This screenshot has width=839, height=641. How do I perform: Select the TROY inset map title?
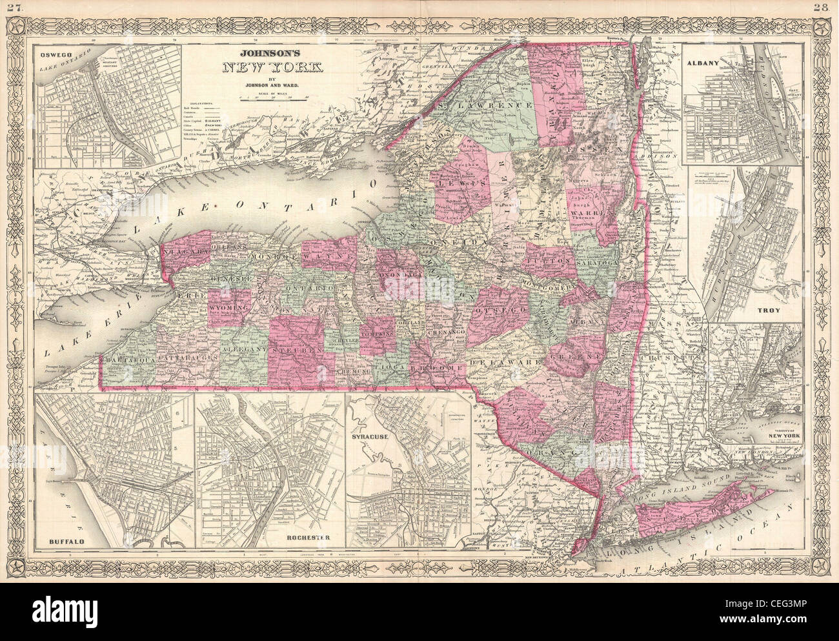point(772,310)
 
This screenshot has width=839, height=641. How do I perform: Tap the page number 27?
point(9,7)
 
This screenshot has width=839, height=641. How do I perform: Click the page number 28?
point(828,7)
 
